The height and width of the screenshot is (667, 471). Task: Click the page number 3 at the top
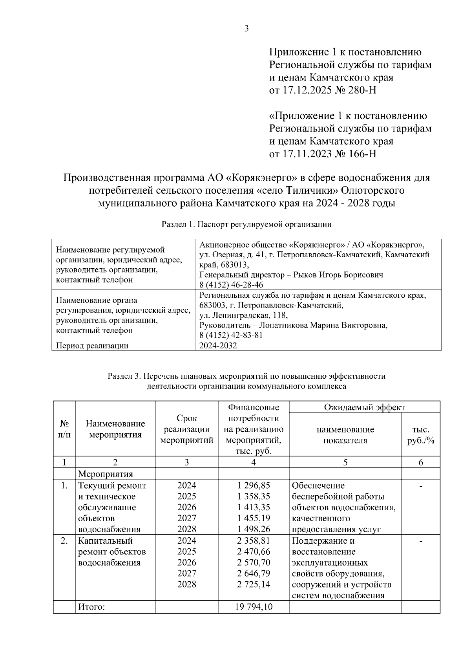coord(246,28)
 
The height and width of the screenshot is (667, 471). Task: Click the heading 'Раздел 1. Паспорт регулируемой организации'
coord(246,225)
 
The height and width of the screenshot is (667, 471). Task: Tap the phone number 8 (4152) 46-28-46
coord(231,285)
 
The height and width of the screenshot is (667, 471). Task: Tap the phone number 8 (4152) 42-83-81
coord(231,335)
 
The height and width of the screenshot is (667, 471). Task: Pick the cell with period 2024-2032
coord(218,346)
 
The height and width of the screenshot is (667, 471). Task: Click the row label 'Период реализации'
coord(92,346)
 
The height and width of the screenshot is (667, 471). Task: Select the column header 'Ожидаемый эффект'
coord(364,407)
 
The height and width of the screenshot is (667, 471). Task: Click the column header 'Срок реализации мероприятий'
coord(187,429)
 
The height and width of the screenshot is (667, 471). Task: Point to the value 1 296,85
coord(254,486)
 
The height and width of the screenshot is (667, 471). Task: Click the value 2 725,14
coord(254,585)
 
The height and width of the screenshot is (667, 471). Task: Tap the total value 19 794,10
coord(254,607)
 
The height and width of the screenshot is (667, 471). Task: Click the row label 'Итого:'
coord(91,607)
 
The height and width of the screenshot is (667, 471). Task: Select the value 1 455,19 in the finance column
coord(254,518)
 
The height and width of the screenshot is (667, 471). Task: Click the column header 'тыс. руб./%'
coord(421,435)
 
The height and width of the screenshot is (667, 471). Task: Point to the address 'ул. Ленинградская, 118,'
coord(243,315)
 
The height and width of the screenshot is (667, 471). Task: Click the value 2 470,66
coord(254,552)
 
